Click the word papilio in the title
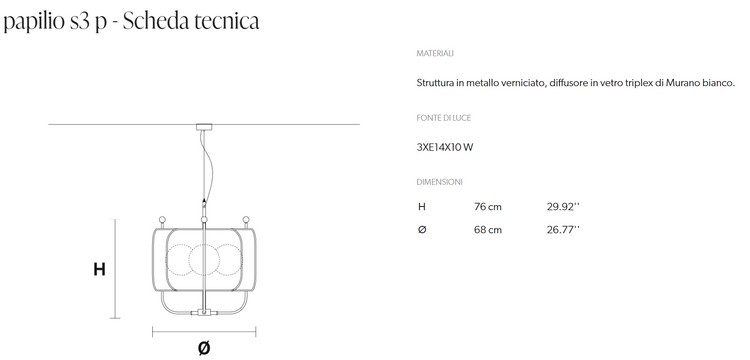(x=33, y=21)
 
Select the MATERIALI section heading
(x=435, y=54)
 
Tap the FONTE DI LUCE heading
(x=443, y=118)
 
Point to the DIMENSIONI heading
(x=439, y=182)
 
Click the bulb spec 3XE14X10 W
(x=445, y=147)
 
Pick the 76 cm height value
(x=488, y=207)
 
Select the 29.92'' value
(x=563, y=207)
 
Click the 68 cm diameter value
(x=488, y=229)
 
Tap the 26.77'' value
(x=563, y=229)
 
